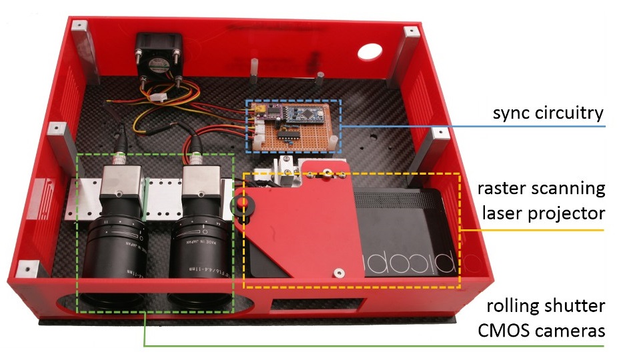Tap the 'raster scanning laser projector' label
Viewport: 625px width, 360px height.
click(541, 201)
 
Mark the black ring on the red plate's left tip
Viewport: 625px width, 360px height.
click(238, 206)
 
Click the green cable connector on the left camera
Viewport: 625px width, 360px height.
click(121, 158)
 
